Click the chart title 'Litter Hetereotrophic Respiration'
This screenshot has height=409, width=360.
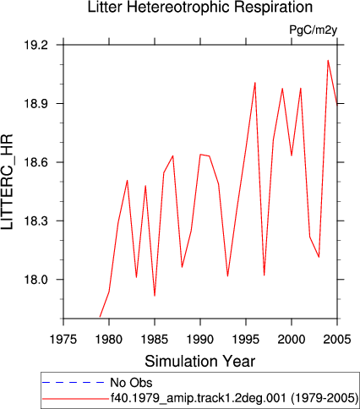[x=200, y=7]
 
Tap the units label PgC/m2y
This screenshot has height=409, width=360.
[x=314, y=30]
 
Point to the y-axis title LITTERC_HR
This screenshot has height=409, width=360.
[x=7, y=182]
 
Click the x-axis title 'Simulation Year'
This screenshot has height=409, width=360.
[x=200, y=361]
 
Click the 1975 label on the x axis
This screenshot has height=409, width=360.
[x=63, y=340]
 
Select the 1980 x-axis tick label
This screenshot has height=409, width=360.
[x=109, y=340]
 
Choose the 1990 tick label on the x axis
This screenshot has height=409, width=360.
[x=200, y=340]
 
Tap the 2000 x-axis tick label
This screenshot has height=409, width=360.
[x=292, y=340]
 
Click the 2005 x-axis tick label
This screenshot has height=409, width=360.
[x=337, y=340]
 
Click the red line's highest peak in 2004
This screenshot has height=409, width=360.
[x=328, y=60]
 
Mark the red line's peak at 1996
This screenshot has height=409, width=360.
[x=255, y=83]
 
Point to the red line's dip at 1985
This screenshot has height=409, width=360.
[x=155, y=296]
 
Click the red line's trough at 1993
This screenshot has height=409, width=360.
[x=227, y=276]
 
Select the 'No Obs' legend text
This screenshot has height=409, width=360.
[x=131, y=383]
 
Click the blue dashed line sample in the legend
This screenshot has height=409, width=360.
[x=74, y=382]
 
